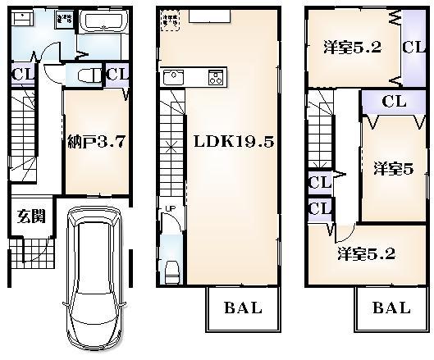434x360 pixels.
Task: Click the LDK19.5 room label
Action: (233, 140)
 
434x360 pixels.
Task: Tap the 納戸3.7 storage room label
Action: (97, 141)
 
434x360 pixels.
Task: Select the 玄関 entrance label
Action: (31, 216)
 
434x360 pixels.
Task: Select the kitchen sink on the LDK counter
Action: (175, 77)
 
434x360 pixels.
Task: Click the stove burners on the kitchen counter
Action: (216, 78)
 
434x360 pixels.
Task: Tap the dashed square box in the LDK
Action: (171, 22)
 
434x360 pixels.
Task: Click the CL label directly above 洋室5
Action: (395, 102)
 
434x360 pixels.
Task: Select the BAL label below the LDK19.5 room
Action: (243, 308)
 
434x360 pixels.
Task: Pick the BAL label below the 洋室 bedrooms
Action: (392, 308)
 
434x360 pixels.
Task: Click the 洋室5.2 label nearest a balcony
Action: (366, 253)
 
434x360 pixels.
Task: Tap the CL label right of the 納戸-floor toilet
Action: (116, 75)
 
